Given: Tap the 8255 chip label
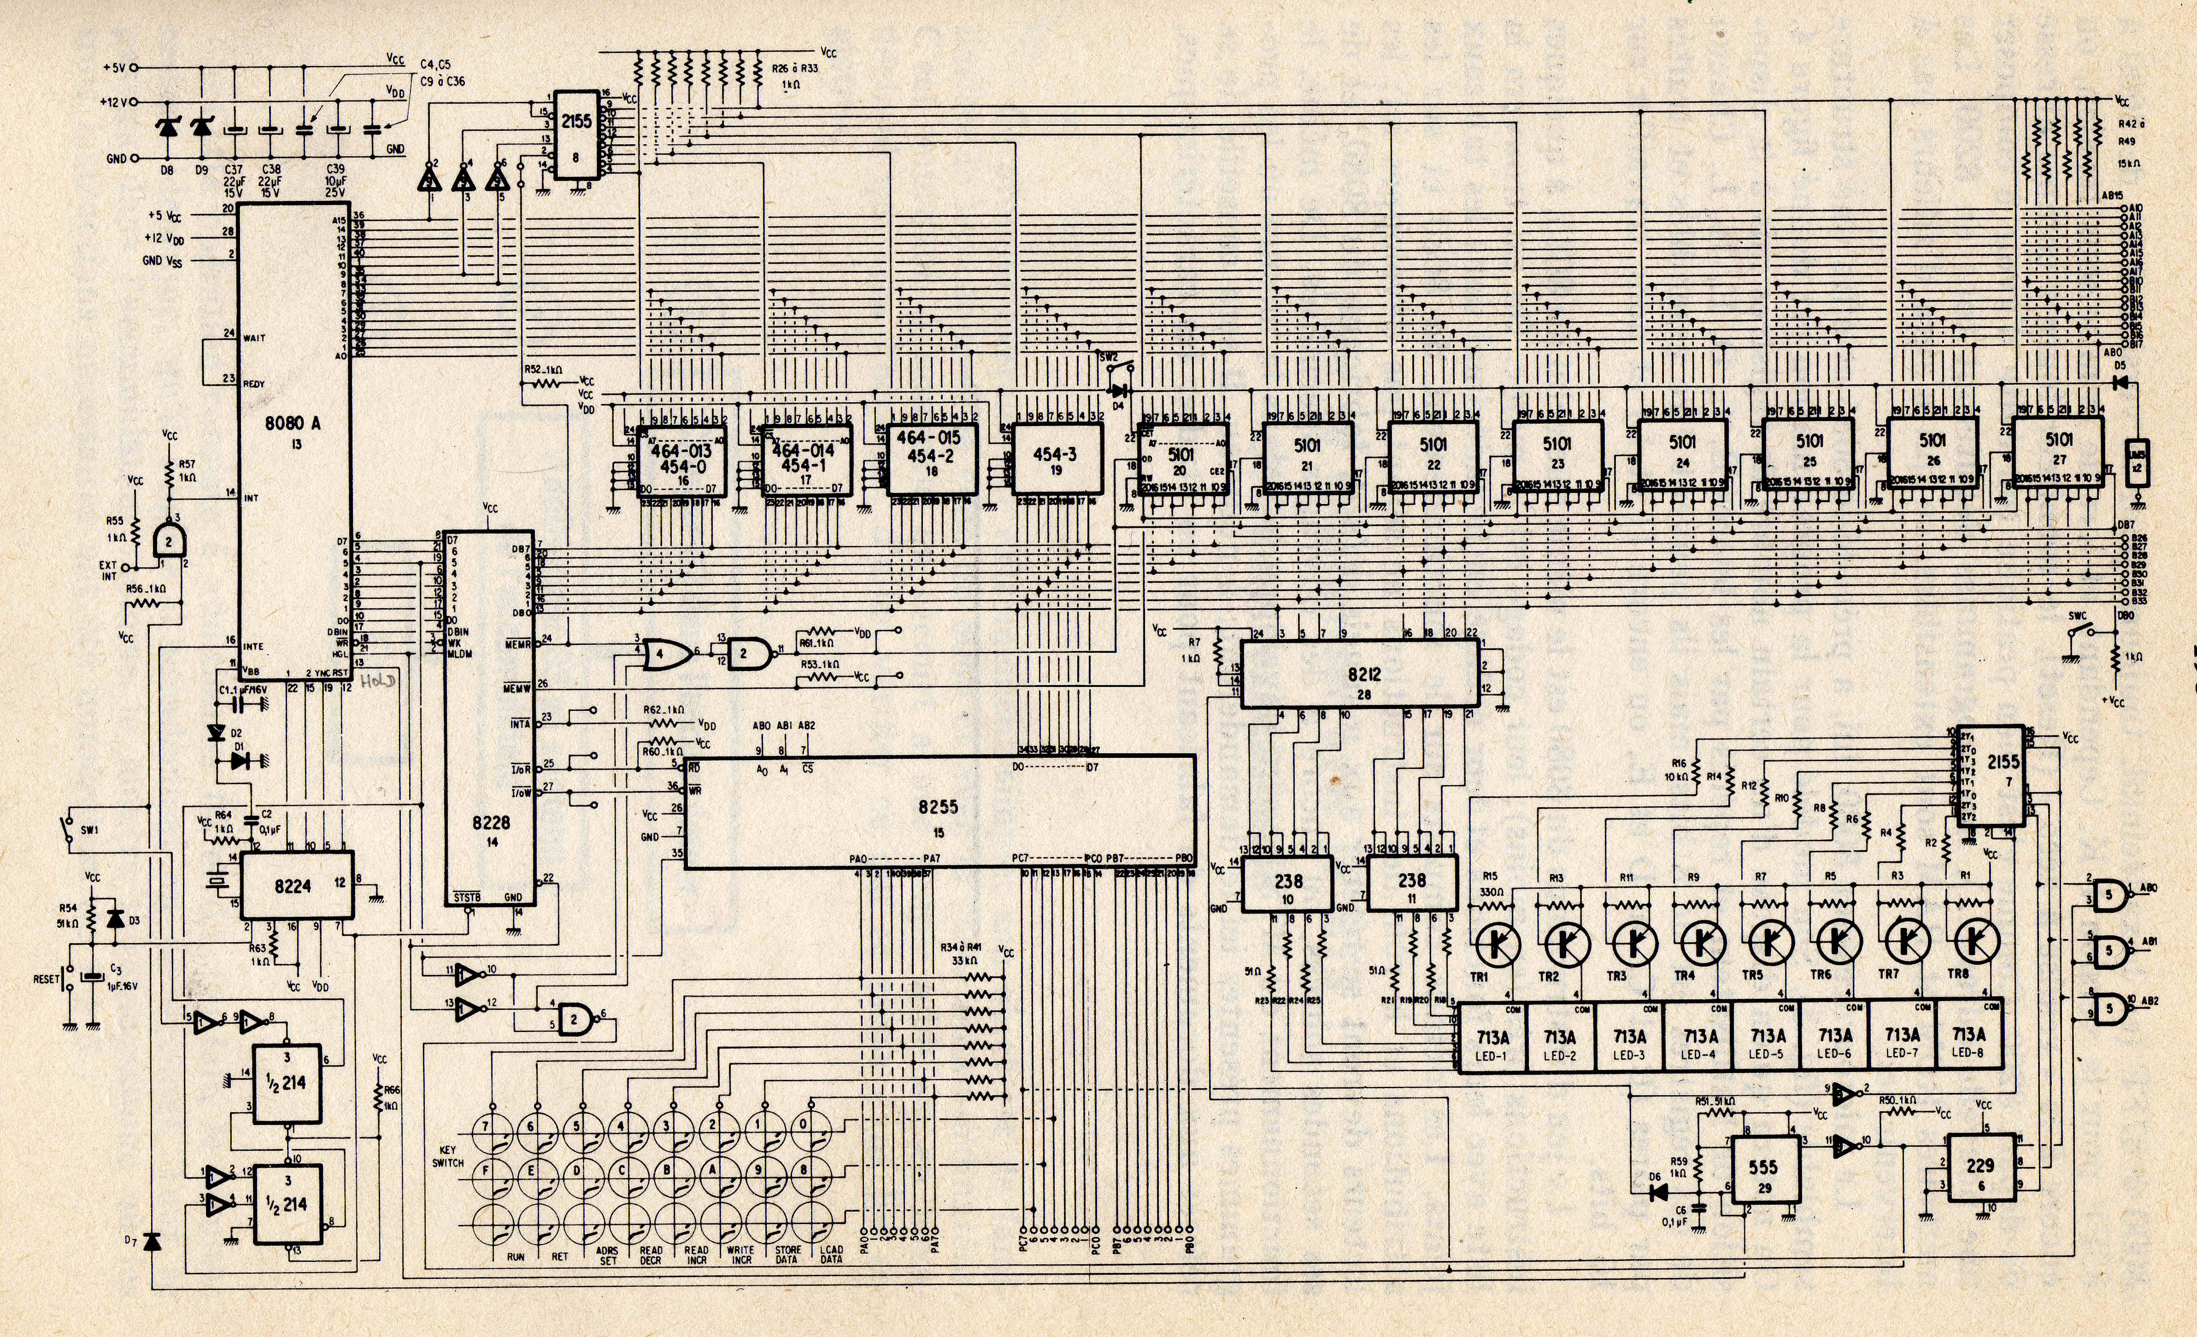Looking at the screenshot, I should coord(938,807).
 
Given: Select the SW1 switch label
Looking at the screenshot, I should coord(89,830).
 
